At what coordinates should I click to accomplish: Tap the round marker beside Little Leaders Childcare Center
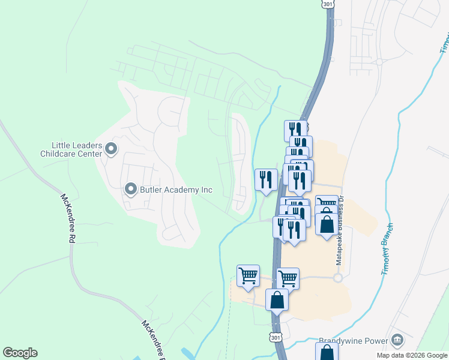point(110,148)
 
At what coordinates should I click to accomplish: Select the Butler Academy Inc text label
point(176,190)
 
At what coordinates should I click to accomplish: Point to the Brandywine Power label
point(354,340)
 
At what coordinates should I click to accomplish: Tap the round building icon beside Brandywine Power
point(396,340)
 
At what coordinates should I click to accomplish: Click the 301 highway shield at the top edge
point(327,4)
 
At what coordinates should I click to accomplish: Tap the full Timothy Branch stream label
point(387,250)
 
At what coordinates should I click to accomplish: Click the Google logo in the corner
point(20,353)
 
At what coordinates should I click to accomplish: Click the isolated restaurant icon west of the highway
point(265,179)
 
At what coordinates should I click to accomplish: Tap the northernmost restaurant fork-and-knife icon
point(295,130)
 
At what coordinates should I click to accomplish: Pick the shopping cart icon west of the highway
point(248,275)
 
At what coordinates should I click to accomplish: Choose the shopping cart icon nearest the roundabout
point(288,278)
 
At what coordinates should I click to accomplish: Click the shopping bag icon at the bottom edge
point(327,351)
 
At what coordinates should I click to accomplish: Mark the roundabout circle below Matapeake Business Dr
point(337,278)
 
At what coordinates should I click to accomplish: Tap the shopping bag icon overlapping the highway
point(277,299)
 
